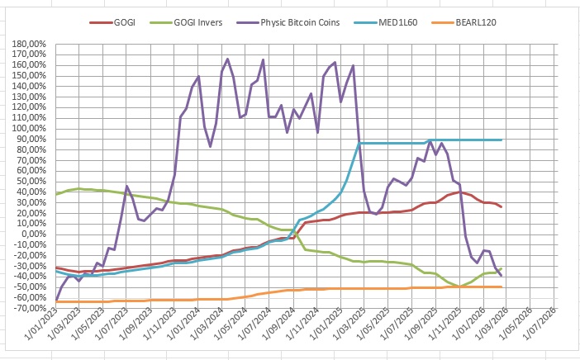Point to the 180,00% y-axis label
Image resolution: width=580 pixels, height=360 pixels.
coord(30,43)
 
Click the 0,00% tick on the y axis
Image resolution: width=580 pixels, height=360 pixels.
coord(35,234)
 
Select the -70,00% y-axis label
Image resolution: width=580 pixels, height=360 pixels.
coord(30,308)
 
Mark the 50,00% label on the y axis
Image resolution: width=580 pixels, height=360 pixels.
coord(32,181)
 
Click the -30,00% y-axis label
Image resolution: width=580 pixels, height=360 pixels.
coord(30,266)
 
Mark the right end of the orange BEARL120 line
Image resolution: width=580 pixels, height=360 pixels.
coord(502,287)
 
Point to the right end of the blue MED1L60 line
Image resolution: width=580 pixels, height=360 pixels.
coord(502,140)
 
